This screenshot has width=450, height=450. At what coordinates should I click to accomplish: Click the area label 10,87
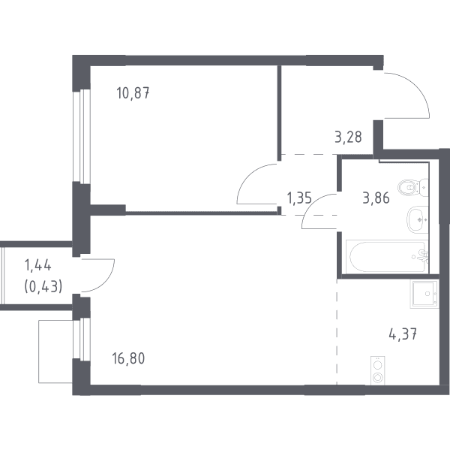(133, 93)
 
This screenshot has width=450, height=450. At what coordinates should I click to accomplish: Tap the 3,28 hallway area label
(348, 137)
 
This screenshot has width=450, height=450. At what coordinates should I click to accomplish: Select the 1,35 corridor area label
(299, 198)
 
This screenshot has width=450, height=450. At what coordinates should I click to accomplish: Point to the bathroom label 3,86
(376, 198)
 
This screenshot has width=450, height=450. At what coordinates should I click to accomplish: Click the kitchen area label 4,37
(403, 334)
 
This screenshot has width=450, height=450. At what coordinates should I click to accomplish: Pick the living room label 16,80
(128, 358)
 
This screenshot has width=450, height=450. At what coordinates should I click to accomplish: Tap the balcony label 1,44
(38, 265)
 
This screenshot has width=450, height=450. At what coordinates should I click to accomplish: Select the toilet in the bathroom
(413, 188)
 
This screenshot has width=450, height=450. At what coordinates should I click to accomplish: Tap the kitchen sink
(424, 294)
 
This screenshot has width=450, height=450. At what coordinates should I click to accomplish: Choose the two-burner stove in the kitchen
(378, 370)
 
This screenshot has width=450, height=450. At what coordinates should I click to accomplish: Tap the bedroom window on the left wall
(82, 136)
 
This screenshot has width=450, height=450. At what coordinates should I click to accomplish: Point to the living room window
(82, 339)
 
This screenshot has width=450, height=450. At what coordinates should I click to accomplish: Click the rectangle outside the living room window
(55, 352)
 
